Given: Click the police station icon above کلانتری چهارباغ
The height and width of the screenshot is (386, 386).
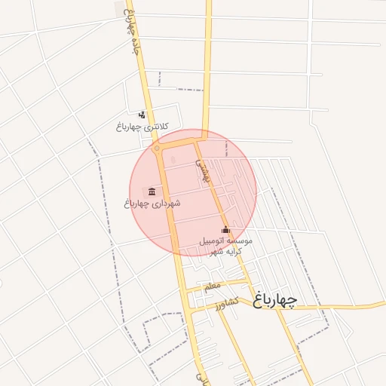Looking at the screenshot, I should pos(142,115).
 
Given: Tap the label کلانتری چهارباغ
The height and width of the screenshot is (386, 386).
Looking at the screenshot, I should pos(142,126).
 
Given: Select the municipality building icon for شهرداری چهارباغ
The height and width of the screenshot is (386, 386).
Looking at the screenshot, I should pos(153,191).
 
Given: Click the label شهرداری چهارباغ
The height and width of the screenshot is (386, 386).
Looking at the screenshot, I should pos(153,203).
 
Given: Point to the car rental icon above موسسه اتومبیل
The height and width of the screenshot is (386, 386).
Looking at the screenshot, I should pos(225,229).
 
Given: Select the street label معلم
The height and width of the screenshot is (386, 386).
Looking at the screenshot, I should pos(212,286).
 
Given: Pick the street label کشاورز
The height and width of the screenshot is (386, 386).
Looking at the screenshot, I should pos(225,304).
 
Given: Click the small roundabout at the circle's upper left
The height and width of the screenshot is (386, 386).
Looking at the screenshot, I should pos(157,149).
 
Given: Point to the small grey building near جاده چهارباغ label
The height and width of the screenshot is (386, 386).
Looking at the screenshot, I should pos(118,7).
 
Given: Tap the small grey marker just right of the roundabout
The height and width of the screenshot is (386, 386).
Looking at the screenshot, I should pos(172,159).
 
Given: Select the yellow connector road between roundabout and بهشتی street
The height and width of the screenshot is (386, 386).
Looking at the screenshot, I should pos(179,141).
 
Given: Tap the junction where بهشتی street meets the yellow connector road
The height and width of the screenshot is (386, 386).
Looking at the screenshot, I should pos(201,137).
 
